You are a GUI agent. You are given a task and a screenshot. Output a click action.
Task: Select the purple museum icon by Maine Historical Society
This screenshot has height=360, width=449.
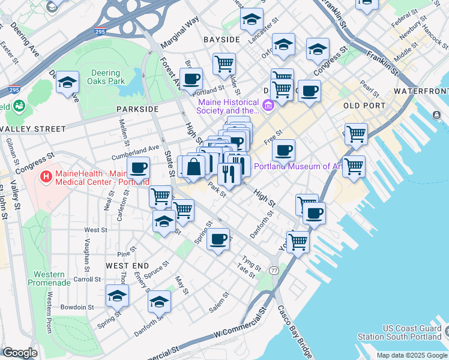tap(268, 106)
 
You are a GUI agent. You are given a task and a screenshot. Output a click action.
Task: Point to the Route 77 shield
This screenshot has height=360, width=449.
tap(274, 271)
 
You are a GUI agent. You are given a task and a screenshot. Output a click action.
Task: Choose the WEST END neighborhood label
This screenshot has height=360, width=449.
tap(127, 265)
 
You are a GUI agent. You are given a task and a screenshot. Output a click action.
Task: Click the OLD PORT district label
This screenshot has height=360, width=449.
tap(364, 106)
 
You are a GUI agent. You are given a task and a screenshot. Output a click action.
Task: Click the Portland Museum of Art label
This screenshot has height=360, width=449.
tap(294, 167)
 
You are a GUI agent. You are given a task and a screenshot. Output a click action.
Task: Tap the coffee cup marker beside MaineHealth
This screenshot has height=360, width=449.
tap(138, 168)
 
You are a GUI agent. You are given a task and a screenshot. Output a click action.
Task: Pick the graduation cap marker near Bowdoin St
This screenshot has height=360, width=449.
tap(118, 295)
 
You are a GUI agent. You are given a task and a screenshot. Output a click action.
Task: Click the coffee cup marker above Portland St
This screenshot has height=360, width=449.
tap(191, 79)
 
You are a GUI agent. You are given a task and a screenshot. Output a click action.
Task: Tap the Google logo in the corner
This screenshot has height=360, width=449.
tap(20, 353)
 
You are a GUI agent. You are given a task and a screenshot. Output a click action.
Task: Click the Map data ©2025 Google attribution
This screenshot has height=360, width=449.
tap(411, 355)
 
